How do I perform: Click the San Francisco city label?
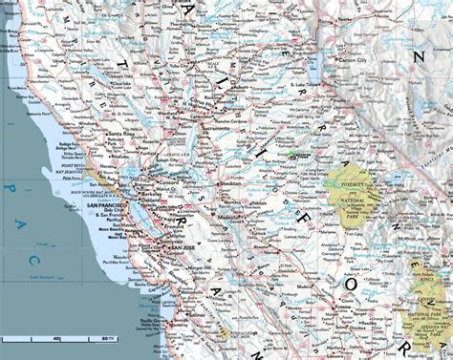pyautogui.click(x=108, y=205)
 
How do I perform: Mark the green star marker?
pyautogui.click(x=292, y=151)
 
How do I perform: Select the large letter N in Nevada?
pyautogui.click(x=418, y=56)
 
